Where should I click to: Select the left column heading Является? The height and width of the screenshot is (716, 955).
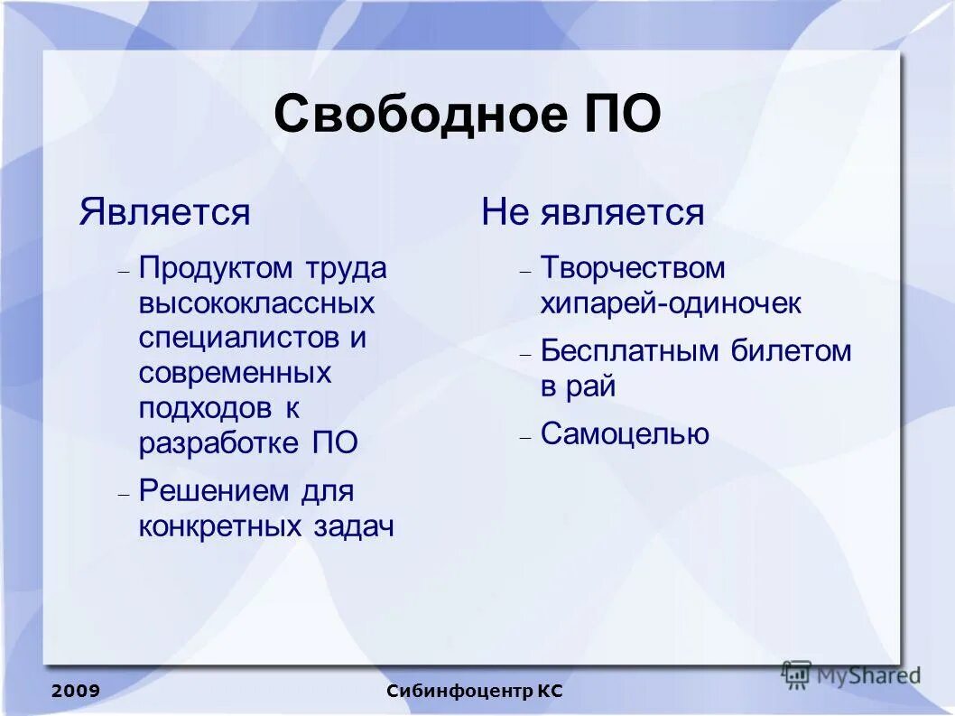coord(164,213)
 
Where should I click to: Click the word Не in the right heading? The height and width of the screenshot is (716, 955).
coord(506,213)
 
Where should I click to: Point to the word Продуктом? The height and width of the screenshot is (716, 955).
coord(217,268)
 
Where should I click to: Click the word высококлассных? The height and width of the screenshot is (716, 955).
coord(256,302)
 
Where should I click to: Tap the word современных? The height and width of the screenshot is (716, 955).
coord(236,373)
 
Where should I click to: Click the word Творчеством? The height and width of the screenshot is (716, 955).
coord(633,268)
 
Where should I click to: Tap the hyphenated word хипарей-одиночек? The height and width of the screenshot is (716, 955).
coord(671,303)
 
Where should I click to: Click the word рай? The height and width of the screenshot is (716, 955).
coord(590,387)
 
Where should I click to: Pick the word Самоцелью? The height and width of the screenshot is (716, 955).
coord(625,434)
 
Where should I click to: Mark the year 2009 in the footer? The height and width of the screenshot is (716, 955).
coord(76,692)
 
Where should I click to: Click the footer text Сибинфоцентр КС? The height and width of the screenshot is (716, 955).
coord(475,692)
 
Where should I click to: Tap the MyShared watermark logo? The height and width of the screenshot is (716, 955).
coord(851,674)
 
